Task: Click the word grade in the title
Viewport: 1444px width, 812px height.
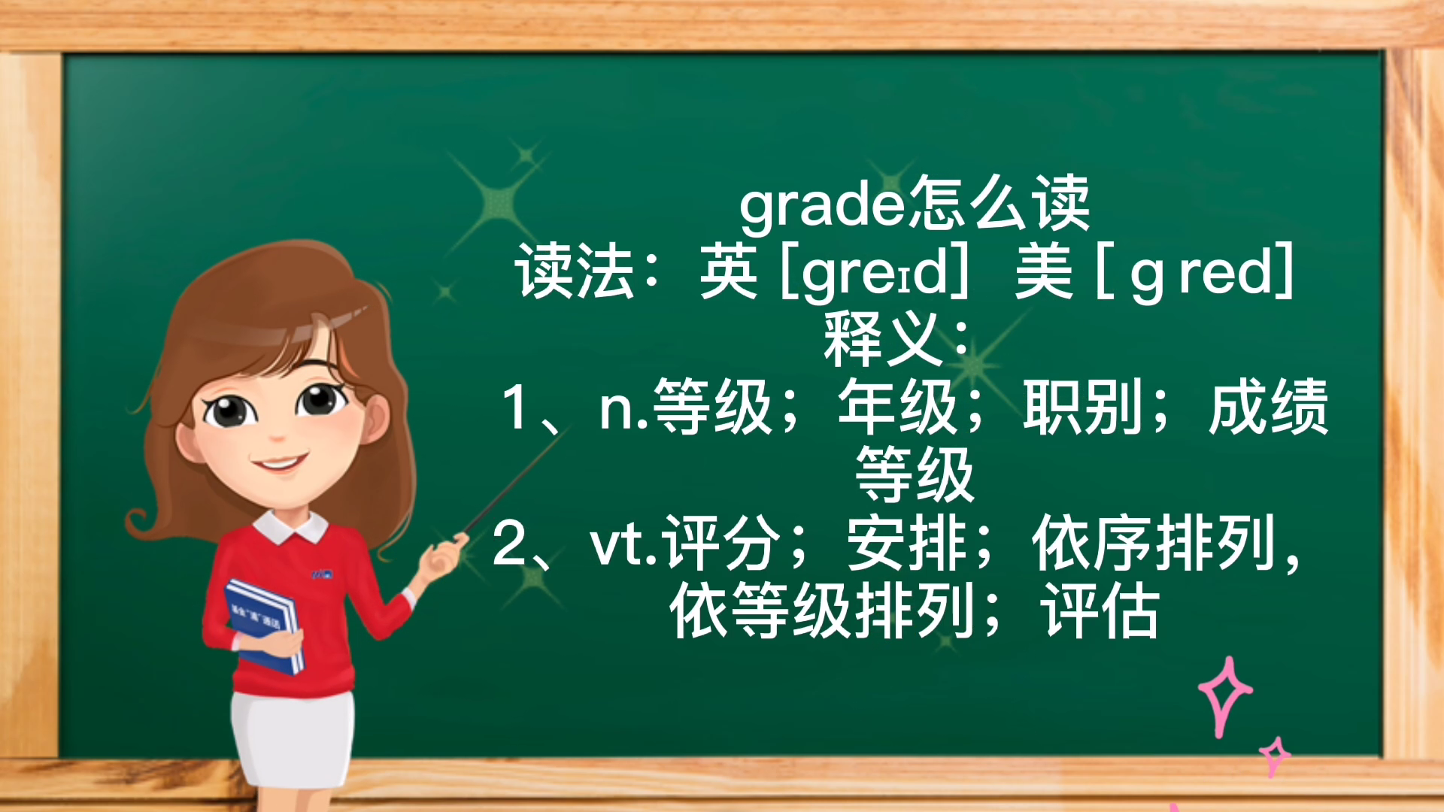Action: [x=823, y=205]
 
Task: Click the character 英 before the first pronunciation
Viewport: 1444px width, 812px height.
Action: [x=727, y=272]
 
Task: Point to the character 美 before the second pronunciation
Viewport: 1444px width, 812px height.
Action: [x=1043, y=272]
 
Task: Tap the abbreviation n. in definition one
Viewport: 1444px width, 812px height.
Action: [x=623, y=408]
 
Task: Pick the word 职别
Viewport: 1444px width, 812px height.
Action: [x=1082, y=407]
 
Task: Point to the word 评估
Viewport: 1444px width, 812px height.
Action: [x=1100, y=611]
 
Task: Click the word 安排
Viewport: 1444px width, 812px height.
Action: [x=906, y=543]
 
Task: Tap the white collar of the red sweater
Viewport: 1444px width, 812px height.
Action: [x=290, y=526]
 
